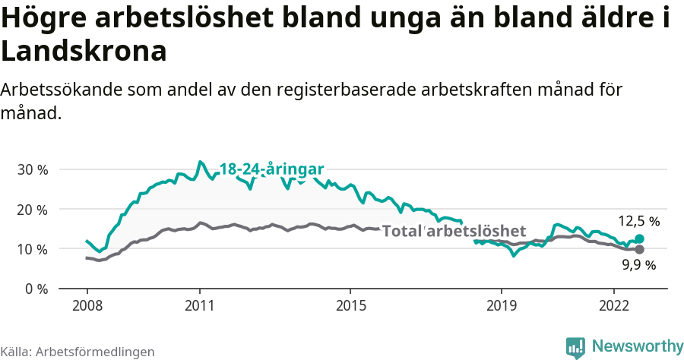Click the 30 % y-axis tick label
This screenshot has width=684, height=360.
32,169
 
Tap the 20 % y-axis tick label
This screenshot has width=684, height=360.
32,209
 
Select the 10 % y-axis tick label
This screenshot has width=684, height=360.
32,249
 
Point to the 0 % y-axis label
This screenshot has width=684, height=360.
36,289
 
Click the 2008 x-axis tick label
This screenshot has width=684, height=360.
87,305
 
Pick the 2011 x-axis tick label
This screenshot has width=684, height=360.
200,305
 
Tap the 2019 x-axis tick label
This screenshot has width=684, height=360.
501,305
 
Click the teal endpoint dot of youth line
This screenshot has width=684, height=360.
640,239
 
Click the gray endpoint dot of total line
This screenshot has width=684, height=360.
640,249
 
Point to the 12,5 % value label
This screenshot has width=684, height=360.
638,222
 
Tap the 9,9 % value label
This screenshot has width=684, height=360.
638,265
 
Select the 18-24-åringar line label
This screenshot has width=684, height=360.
272,169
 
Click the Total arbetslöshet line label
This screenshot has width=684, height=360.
454,231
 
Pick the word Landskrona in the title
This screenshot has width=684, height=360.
84,51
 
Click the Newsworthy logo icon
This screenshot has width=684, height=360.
575,347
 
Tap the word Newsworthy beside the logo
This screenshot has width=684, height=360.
638,346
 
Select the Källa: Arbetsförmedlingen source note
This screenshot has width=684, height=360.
78,352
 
